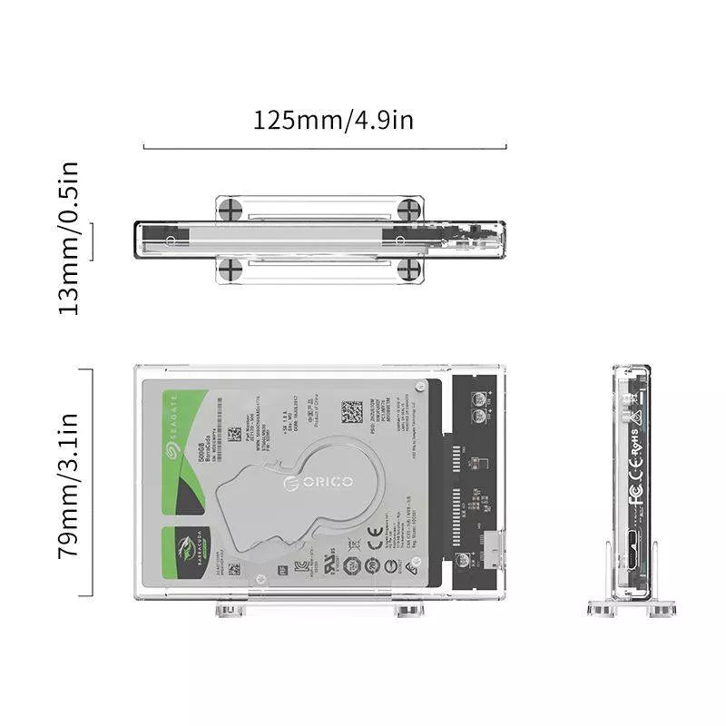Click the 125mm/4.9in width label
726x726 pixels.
tap(333, 119)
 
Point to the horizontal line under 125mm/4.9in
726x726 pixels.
tap(325, 147)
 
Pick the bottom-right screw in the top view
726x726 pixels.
tap(409, 269)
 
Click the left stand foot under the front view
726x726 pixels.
tap(231, 608)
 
